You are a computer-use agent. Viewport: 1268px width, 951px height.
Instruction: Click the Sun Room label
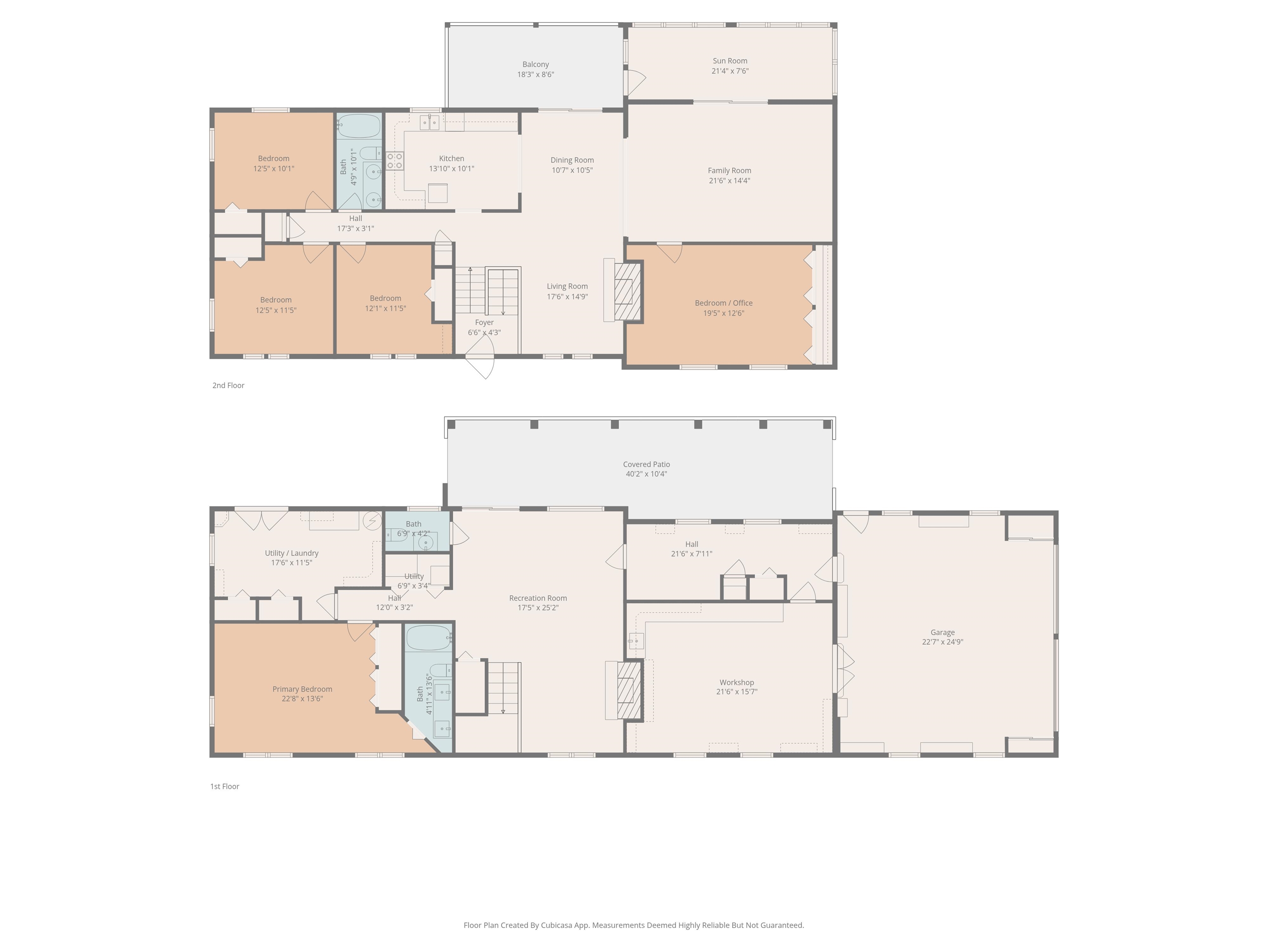tap(730, 61)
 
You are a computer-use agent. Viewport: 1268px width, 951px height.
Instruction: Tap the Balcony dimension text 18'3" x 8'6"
tap(535, 75)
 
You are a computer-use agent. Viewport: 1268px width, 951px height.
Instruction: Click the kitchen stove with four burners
tap(394, 161)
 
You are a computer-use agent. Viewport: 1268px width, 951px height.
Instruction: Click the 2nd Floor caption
tap(228, 385)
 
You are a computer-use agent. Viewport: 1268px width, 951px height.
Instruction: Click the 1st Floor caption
tap(225, 786)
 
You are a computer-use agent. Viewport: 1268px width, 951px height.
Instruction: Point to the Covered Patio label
tap(646, 464)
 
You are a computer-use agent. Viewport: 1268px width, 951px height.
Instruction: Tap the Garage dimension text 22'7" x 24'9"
tap(942, 642)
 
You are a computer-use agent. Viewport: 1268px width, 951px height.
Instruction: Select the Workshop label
tap(737, 682)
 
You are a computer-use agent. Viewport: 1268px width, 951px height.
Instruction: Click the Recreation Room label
tap(538, 598)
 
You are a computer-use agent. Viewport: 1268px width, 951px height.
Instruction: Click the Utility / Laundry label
tap(291, 553)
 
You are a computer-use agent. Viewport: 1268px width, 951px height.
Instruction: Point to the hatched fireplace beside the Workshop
tap(629, 690)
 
